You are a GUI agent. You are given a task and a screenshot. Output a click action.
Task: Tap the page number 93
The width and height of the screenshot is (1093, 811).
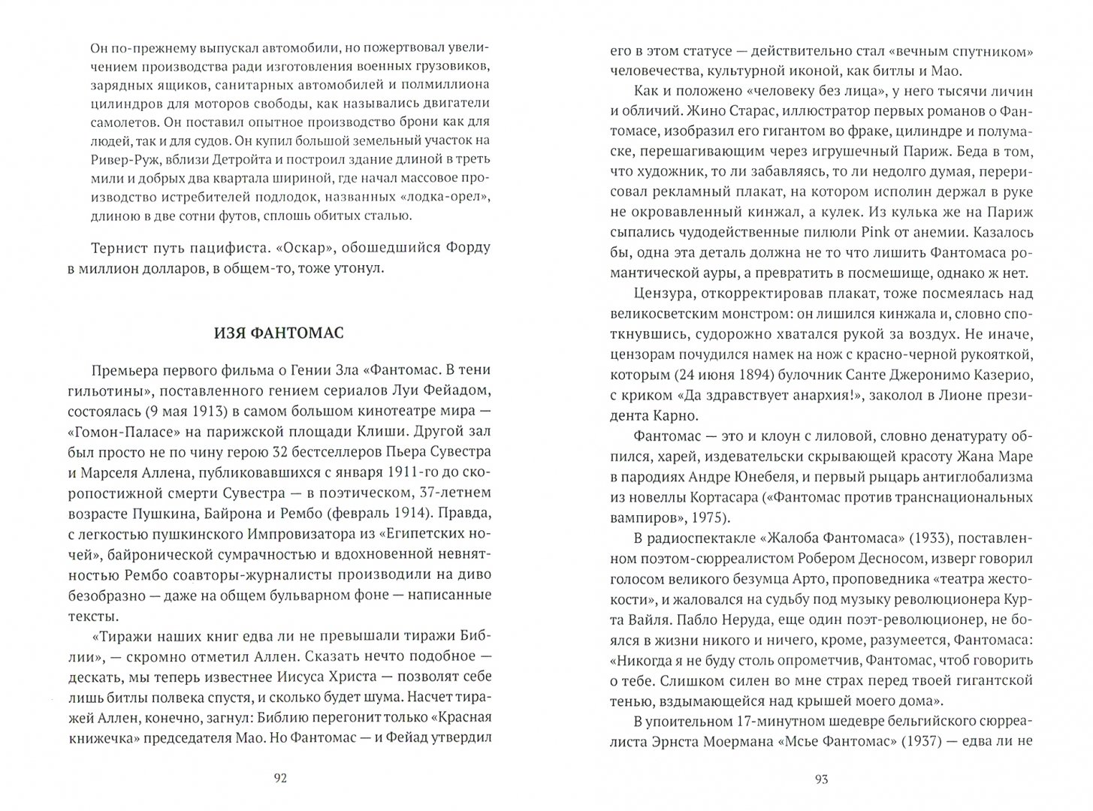tap(821, 779)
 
